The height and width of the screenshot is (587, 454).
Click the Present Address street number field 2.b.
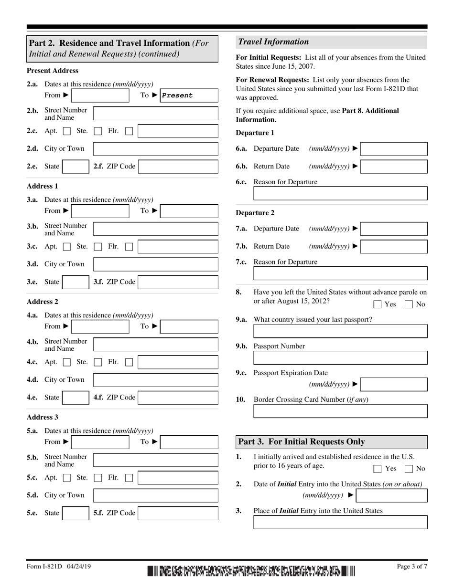[x=155, y=114]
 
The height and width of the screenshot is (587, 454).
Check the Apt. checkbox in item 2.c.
[x=67, y=131]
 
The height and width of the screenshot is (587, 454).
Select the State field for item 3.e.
[x=76, y=282]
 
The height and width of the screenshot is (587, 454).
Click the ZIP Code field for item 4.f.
[x=178, y=398]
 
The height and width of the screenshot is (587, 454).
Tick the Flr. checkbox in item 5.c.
[x=129, y=478]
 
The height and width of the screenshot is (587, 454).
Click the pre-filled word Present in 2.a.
[x=177, y=95]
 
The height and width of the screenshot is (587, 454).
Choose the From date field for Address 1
[x=100, y=211]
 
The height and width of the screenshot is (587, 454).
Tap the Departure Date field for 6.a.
[x=394, y=149]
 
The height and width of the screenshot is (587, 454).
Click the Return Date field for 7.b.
[x=394, y=247]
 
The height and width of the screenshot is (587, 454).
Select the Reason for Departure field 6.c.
[x=340, y=193]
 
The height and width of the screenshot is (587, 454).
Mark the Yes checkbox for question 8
[x=378, y=304]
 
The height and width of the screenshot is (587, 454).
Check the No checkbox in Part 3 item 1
[x=409, y=469]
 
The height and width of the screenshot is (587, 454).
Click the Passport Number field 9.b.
[x=340, y=358]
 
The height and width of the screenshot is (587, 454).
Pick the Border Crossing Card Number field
[x=340, y=411]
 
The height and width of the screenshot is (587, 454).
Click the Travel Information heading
[x=274, y=42]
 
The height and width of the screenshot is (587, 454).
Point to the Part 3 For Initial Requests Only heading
[x=301, y=442]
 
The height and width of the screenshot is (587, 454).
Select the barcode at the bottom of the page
[x=251, y=571]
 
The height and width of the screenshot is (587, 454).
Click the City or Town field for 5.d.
[x=155, y=495]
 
